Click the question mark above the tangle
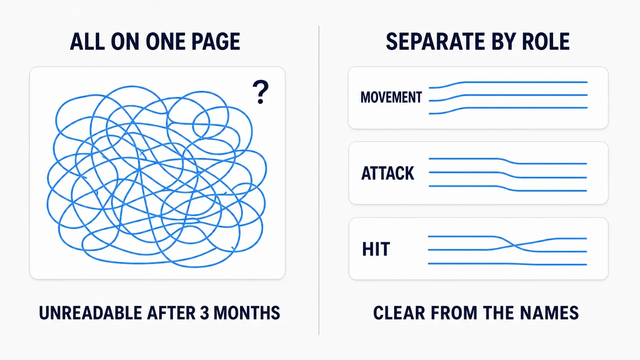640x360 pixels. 260,92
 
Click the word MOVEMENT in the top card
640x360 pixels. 391,97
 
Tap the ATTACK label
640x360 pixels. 388,173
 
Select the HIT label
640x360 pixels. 376,249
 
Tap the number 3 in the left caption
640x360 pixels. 204,313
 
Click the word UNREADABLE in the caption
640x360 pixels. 90,313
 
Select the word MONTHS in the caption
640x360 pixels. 247,313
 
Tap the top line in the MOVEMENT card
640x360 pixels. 508,83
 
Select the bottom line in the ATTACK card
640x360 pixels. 508,189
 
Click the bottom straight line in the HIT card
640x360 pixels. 508,264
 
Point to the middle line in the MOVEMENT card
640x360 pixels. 508,95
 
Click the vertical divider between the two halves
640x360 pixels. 319,181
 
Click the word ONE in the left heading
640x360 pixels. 165,42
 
